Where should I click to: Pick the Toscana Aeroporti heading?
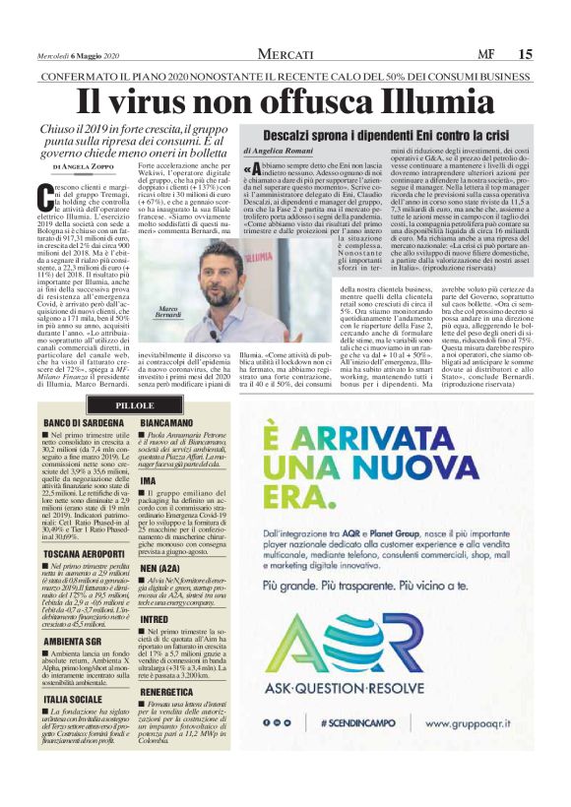point(84,528)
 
